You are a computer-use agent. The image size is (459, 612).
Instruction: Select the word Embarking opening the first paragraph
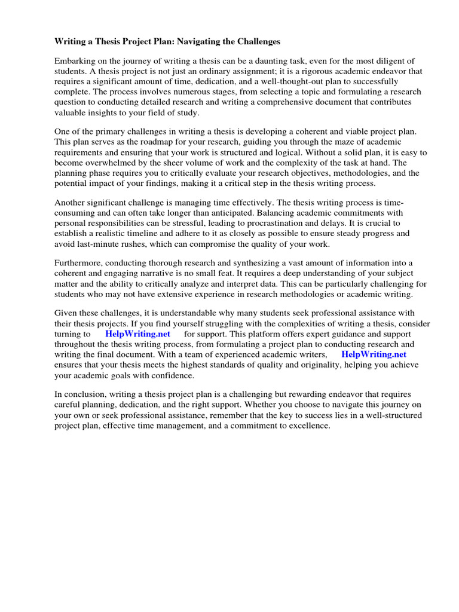pos(75,62)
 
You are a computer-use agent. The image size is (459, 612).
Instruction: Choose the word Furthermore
pos(79,264)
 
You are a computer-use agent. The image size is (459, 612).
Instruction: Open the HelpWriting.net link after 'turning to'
pos(137,334)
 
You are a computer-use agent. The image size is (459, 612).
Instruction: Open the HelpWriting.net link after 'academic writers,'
pos(374,354)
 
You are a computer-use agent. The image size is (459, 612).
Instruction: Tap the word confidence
pos(173,375)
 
